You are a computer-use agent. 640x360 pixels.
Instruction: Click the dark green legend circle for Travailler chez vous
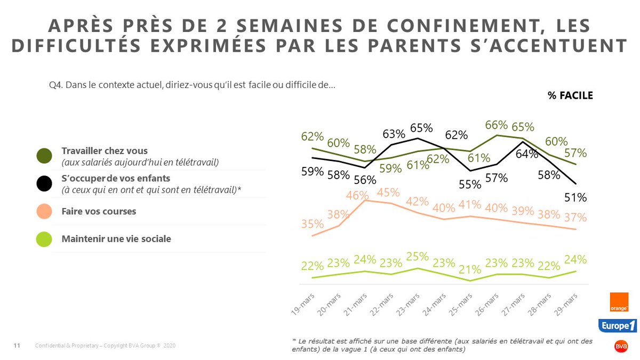[44, 156]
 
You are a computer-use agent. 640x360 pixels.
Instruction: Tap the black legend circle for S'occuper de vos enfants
[44, 183]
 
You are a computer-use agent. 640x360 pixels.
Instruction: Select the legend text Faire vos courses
[99, 211]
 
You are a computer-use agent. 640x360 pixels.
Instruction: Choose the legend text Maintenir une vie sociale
[116, 239]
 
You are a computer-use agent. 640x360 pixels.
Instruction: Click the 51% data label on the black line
[576, 198]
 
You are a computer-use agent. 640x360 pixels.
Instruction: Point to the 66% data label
[496, 125]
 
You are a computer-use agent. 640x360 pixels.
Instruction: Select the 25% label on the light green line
[418, 257]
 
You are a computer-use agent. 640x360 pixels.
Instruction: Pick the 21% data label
[470, 268]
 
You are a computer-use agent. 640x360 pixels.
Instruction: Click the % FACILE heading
[570, 95]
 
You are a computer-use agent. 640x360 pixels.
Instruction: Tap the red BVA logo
[621, 346]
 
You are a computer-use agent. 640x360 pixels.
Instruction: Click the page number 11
[16, 346]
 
